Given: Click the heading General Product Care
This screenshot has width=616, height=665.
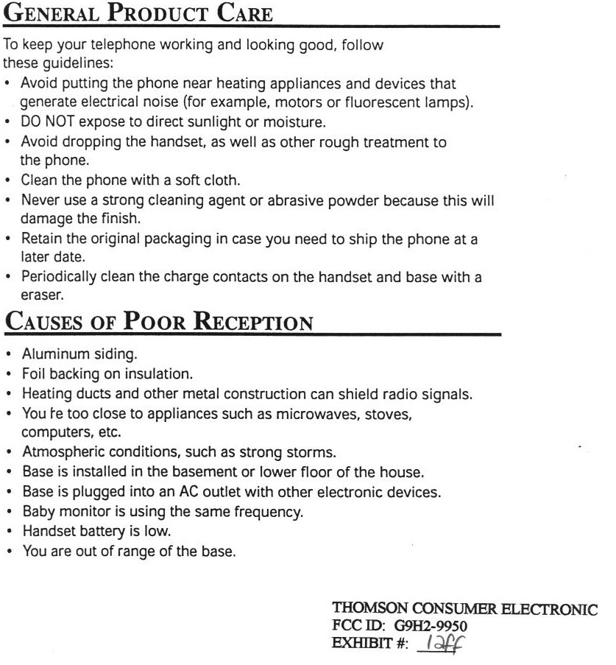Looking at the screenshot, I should click(x=138, y=14).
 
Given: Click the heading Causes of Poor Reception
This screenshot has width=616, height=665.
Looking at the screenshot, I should click(x=159, y=322).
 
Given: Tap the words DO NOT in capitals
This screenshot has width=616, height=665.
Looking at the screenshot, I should click(x=48, y=122).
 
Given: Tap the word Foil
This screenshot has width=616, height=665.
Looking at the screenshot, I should click(x=34, y=375).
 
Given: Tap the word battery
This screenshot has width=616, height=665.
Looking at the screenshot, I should click(x=101, y=529).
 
